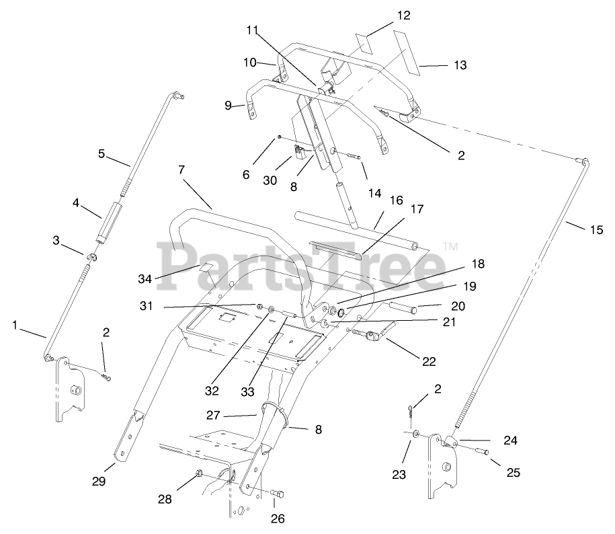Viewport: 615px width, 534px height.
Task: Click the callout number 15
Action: point(596,229)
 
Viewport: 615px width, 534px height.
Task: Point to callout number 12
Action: point(403,15)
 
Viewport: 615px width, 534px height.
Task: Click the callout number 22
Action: point(428,361)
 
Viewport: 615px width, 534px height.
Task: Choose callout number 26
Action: point(278,518)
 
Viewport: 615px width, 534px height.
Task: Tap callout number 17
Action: point(416,209)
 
